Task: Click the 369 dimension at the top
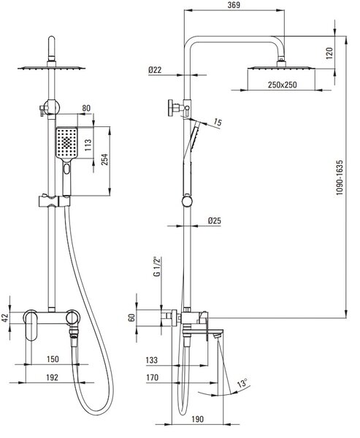point(234,5)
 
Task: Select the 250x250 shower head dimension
point(283,85)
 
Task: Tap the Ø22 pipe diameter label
point(155,69)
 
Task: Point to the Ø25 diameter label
point(215,220)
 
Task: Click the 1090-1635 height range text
point(340,177)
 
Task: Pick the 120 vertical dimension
point(330,53)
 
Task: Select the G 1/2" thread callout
point(157,266)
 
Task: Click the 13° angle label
point(242,383)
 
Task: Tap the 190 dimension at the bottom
point(198,419)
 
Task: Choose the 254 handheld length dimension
point(104,159)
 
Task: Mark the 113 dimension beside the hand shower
point(88,145)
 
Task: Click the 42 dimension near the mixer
point(5,318)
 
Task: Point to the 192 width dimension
point(52,377)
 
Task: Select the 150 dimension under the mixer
point(53,359)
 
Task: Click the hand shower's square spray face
point(66,142)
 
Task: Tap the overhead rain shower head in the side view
point(281,68)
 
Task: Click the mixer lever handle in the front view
point(30,326)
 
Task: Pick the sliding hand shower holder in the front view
point(54,201)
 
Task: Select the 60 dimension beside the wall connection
point(132,318)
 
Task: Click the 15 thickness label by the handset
point(218,122)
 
